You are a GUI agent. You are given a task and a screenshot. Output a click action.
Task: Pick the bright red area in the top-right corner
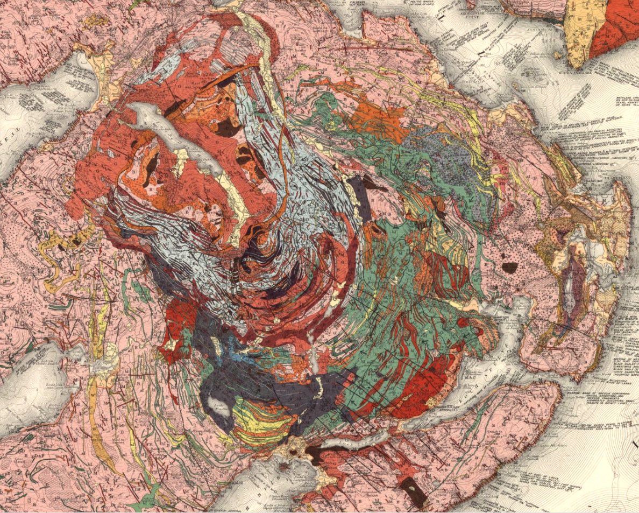click(x=613, y=32)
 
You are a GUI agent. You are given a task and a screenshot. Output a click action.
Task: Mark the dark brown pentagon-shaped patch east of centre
click(x=509, y=266)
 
